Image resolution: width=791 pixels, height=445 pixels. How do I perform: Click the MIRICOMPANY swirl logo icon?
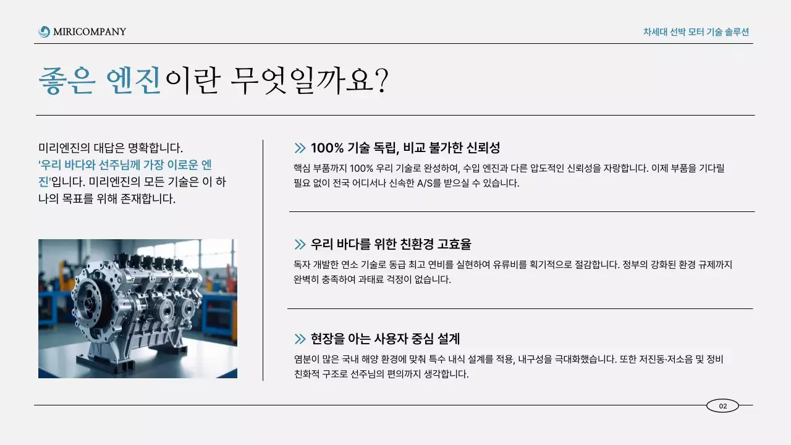pos(44,32)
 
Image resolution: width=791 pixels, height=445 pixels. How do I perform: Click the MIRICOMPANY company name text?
pos(89,32)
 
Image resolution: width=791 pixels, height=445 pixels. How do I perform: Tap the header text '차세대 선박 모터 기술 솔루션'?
pos(696,32)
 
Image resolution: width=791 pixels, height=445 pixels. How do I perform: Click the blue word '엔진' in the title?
pos(133,80)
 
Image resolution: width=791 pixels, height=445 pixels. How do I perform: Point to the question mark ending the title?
pos(381,80)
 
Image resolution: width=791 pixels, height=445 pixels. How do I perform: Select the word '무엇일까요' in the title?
pos(299,80)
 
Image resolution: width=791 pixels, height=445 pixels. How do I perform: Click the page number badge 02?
pos(722,406)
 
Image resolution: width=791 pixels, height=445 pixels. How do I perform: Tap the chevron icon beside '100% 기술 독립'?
pos(300,148)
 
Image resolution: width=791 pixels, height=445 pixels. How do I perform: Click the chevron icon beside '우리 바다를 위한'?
pos(300,244)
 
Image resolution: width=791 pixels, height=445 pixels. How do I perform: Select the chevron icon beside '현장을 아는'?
pos(300,339)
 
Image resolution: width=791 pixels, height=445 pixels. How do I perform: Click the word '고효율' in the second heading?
pos(454,244)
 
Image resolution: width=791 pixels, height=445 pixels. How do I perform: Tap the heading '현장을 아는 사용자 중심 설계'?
pos(385,339)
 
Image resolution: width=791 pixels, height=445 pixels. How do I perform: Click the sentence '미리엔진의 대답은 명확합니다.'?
pos(111,148)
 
